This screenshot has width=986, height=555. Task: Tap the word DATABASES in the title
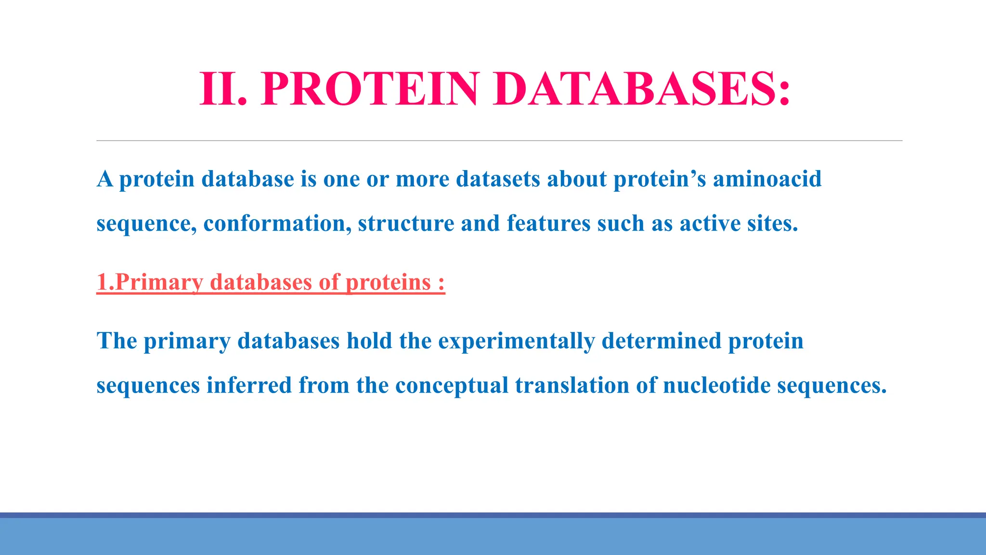(x=635, y=89)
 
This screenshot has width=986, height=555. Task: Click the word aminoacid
(x=767, y=179)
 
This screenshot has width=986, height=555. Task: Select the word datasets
(x=498, y=179)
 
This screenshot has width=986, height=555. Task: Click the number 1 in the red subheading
(x=102, y=282)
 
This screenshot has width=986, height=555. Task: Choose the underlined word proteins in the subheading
(x=388, y=282)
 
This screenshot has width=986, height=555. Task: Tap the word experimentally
(x=516, y=342)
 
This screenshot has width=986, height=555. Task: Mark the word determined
(x=661, y=342)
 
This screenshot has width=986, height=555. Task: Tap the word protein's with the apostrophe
(x=659, y=179)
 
